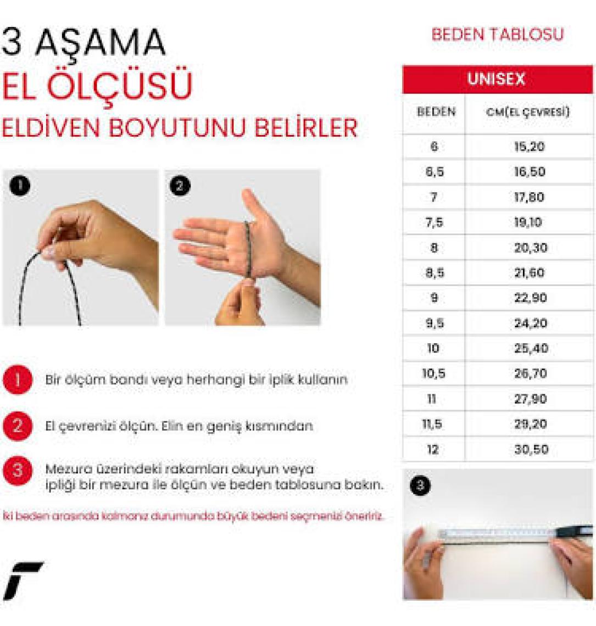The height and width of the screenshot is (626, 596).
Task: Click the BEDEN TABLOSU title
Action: [x=498, y=35]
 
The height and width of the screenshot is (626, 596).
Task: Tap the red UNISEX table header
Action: [x=497, y=79]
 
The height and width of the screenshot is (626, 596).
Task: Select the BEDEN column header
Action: [x=436, y=111]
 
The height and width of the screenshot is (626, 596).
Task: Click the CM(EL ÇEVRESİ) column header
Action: [x=528, y=112]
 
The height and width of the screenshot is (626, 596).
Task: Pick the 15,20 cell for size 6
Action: [x=530, y=147]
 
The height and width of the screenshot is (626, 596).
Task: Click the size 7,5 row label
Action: [x=434, y=222]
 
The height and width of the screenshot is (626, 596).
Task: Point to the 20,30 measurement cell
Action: [x=531, y=248]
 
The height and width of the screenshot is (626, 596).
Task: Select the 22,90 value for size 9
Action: [x=531, y=298]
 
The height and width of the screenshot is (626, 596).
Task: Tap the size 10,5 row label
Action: [x=433, y=374]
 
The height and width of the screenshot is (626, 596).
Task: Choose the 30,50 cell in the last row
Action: [x=531, y=449]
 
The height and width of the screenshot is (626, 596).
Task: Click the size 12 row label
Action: [x=433, y=450]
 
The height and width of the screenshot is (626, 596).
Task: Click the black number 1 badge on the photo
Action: [x=20, y=185]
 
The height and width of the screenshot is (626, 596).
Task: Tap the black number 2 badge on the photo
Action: [x=180, y=186]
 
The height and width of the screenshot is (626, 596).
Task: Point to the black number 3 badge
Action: [x=420, y=485]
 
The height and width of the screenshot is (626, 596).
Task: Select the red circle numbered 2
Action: [x=18, y=426]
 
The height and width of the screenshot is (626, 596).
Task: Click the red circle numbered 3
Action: [x=18, y=471]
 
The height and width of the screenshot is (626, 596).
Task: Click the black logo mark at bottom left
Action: [x=23, y=581]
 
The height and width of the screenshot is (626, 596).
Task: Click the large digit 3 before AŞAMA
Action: [x=12, y=42]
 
